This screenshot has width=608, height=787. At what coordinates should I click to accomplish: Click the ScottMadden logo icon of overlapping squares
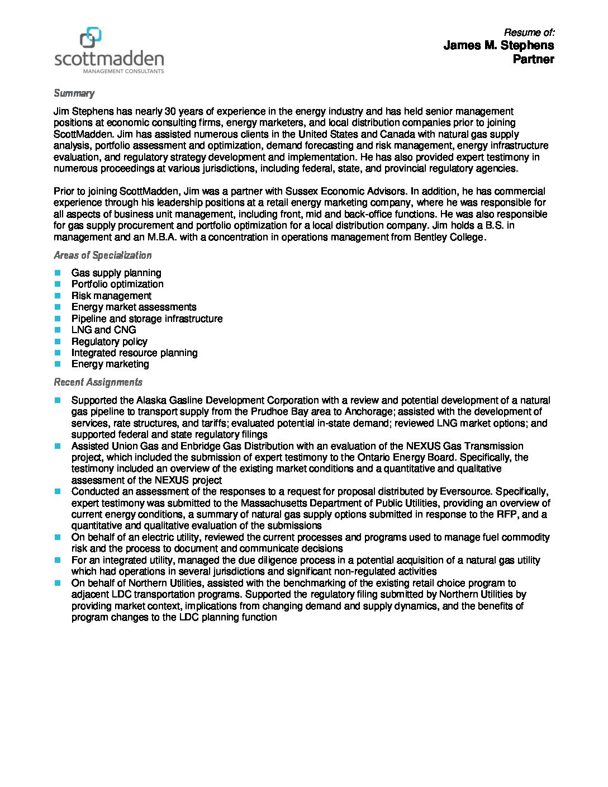click(91, 37)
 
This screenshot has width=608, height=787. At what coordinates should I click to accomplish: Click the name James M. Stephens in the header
click(498, 45)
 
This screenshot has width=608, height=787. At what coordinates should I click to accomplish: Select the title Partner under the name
click(533, 59)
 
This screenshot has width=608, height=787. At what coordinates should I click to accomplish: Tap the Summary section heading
click(74, 93)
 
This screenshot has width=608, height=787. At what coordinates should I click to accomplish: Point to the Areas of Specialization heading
click(102, 255)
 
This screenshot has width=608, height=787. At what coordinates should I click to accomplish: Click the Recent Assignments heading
click(98, 382)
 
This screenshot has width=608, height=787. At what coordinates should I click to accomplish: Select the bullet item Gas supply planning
click(116, 273)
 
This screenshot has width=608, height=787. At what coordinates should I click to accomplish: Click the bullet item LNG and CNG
click(103, 330)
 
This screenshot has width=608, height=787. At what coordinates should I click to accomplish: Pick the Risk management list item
click(111, 296)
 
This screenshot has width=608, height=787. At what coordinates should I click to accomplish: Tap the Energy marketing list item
click(110, 364)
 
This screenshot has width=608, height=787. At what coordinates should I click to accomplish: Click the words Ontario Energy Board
click(406, 457)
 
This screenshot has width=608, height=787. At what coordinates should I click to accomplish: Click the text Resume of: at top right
click(529, 32)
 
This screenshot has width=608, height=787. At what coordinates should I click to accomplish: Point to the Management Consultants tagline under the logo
click(123, 72)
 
